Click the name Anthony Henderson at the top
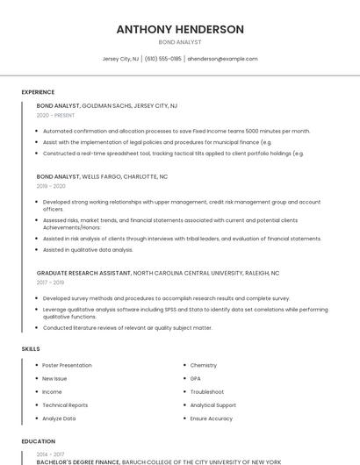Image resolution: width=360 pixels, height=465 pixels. coord(180,29)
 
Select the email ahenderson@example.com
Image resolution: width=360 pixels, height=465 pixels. coord(222,59)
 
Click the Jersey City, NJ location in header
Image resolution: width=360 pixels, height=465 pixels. coord(120,59)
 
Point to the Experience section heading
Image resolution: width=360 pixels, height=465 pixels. coord(38,92)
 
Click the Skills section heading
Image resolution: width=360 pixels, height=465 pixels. coord(31,349)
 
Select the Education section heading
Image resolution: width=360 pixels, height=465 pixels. coord(39,441)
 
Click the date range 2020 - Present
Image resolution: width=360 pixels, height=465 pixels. coord(54,115)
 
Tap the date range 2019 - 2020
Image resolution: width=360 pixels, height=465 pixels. coord(51,186)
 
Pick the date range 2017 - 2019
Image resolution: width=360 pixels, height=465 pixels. coord(50,283)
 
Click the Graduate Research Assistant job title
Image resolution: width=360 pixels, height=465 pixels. coord(83,273)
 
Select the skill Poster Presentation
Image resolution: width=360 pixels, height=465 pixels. coord(67,365)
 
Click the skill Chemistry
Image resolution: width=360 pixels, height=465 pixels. coord(203,365)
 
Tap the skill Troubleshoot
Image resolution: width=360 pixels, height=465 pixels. coord(206,391)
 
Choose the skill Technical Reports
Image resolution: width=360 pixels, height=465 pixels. coord(65,405)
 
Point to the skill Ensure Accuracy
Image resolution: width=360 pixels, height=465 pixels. coord(212,418)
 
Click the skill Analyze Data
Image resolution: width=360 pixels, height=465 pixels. coord(59,418)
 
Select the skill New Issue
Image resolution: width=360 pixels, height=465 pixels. coord(54,378)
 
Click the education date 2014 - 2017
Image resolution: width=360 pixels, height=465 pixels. coord(50,454)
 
